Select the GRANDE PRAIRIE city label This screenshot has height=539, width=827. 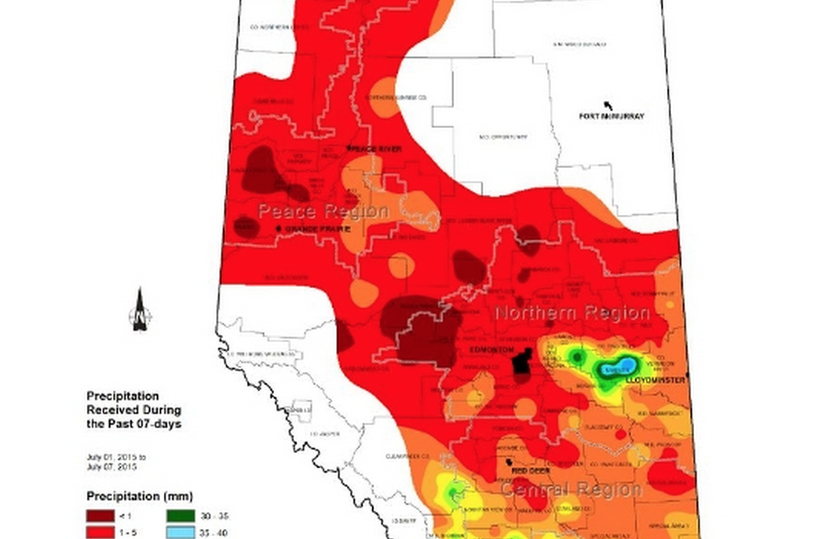click(x=314, y=229)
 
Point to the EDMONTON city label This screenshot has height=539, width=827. click(x=491, y=350)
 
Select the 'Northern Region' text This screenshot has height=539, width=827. click(x=572, y=313)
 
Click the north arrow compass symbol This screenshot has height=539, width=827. click(x=140, y=309)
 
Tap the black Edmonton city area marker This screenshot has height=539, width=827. click(x=520, y=363)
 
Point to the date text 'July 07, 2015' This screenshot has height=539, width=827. click(x=111, y=466)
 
